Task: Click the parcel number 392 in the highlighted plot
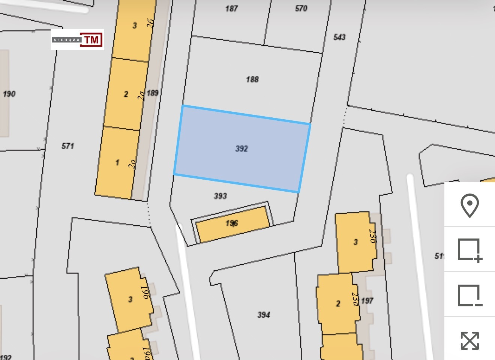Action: [241, 149]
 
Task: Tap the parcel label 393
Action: [220, 196]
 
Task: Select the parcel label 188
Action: [252, 79]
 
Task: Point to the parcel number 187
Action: [231, 8]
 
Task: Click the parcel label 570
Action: [301, 8]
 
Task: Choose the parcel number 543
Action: [339, 37]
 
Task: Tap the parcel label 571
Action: [68, 146]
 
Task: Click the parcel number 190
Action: [9, 94]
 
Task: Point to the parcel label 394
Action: [264, 315]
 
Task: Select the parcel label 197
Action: [367, 301]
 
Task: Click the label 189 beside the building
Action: [153, 93]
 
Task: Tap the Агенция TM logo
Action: [77, 40]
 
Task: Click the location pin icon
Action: [469, 205]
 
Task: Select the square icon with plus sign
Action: [469, 250]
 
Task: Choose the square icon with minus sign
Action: [469, 295]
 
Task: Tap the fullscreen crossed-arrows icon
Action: [469, 340]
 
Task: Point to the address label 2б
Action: [150, 23]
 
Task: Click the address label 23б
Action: [372, 236]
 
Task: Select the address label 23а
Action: [355, 299]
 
